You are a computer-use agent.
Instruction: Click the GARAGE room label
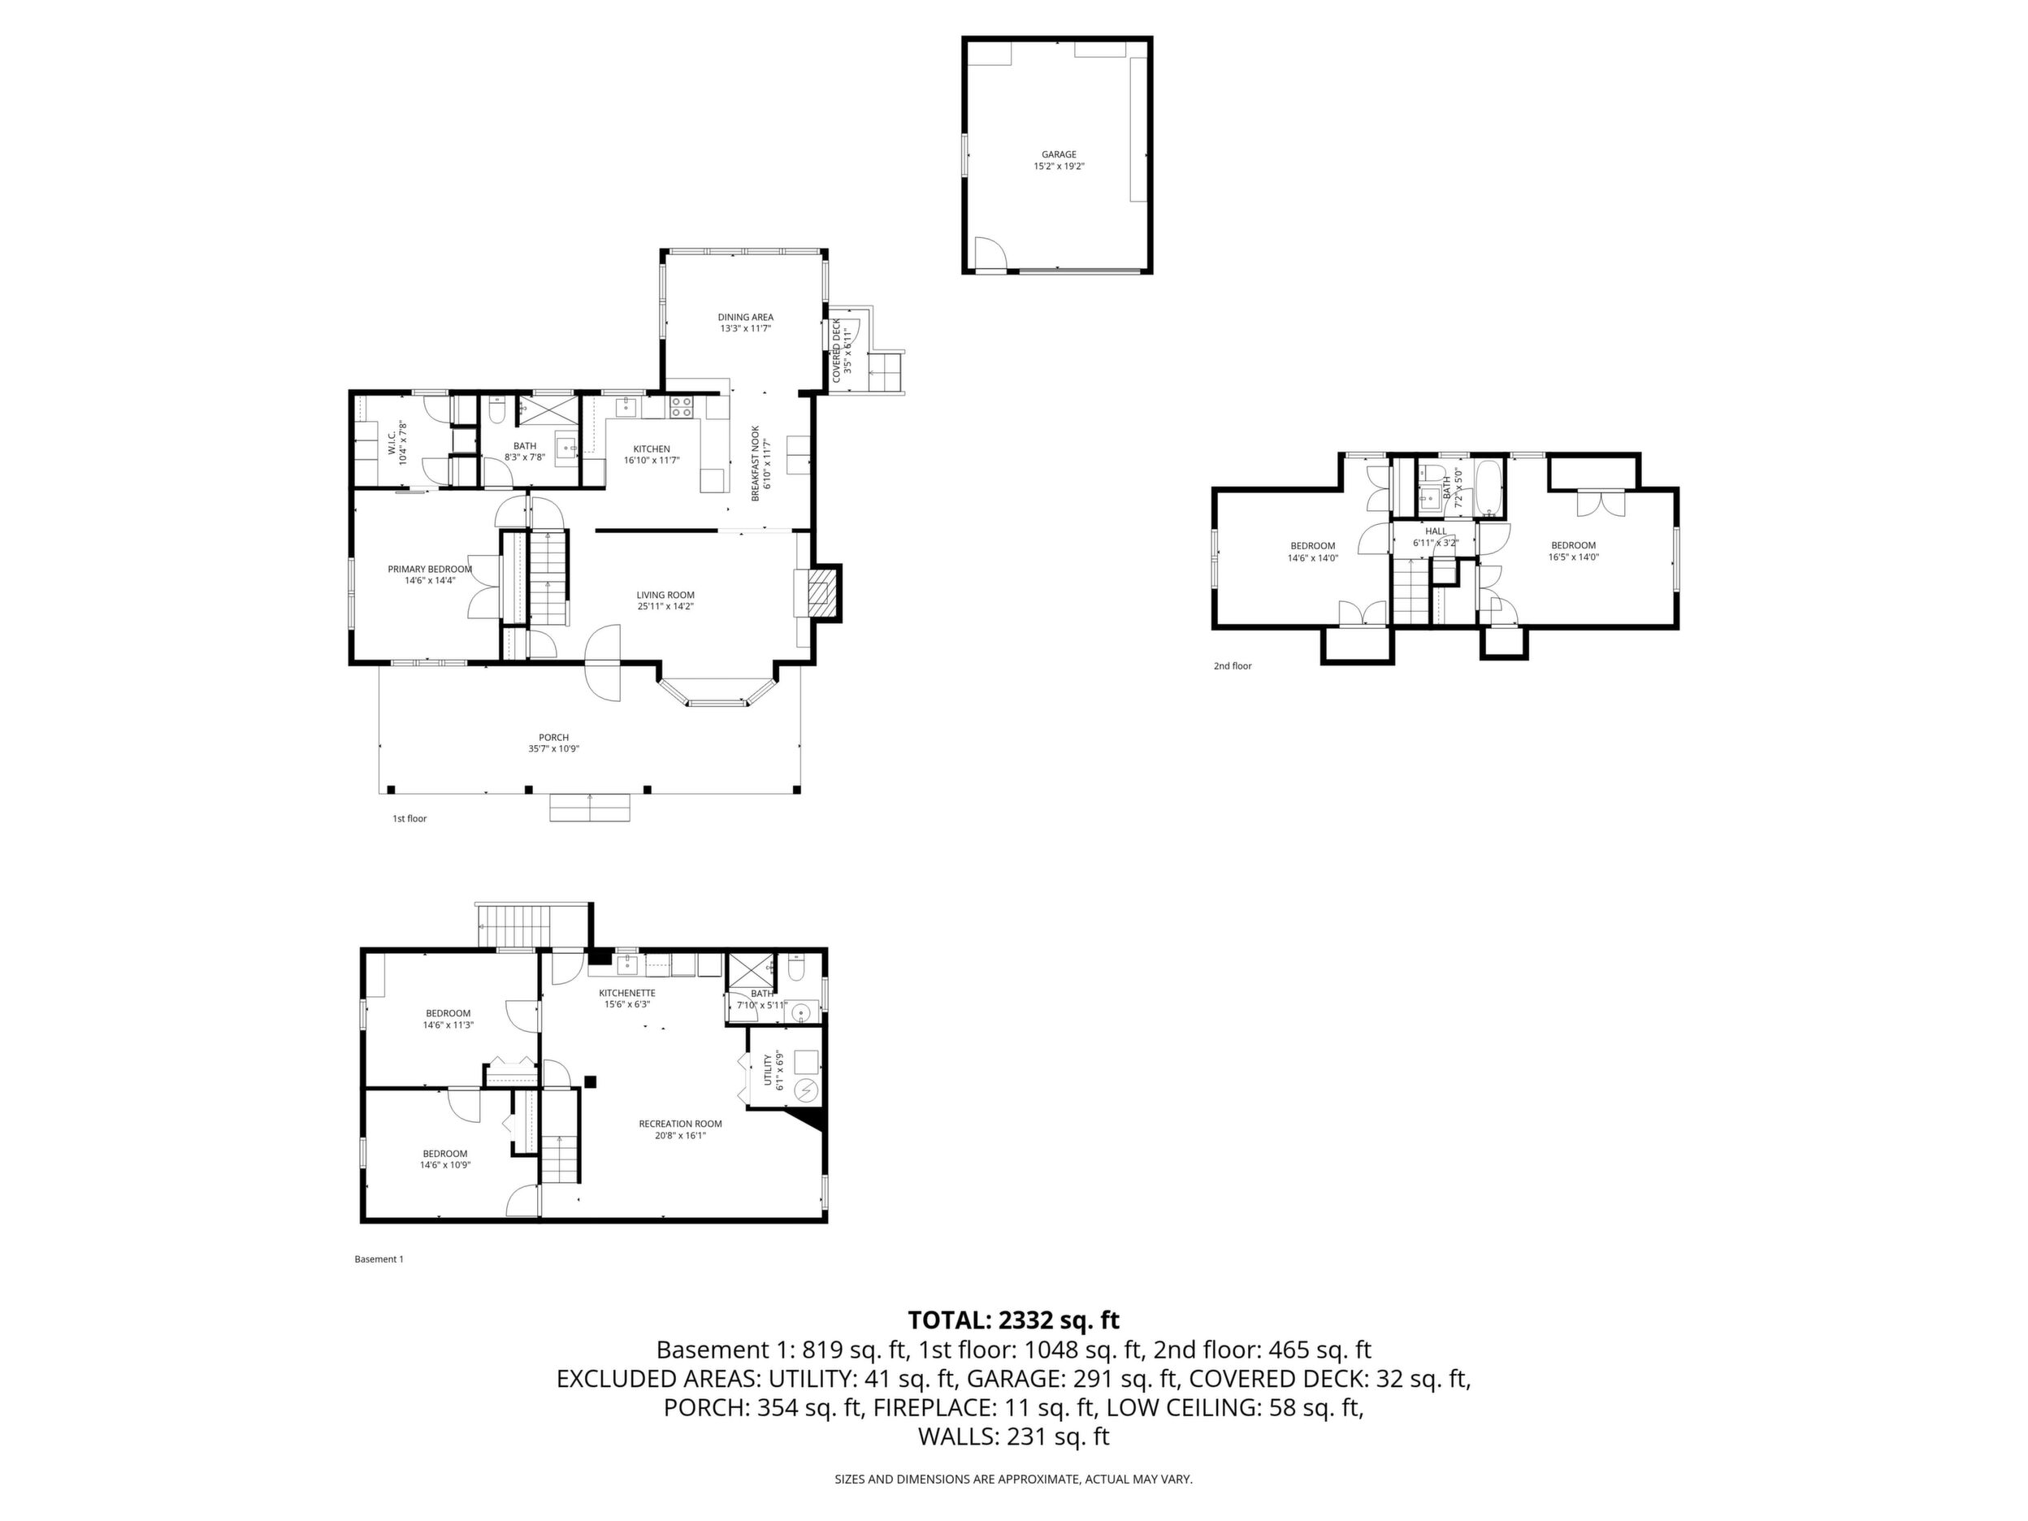1059,154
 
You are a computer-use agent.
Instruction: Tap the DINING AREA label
745,317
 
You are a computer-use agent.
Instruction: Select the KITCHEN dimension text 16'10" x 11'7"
651,460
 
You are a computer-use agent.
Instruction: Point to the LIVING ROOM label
665,595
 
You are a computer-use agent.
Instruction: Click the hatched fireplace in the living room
821,593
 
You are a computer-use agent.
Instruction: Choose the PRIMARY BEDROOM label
430,570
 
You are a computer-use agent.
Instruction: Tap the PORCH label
554,737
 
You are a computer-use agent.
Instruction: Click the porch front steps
591,808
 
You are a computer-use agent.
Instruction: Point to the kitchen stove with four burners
680,407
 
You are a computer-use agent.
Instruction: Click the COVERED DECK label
836,351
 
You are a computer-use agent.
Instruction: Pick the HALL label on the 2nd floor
1436,531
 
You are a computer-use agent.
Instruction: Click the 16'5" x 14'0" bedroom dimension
1573,557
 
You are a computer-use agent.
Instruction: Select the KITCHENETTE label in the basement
627,993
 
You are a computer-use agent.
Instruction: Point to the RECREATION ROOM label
680,1124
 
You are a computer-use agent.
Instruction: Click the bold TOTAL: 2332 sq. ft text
1013,1320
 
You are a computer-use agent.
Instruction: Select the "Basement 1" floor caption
379,1259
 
